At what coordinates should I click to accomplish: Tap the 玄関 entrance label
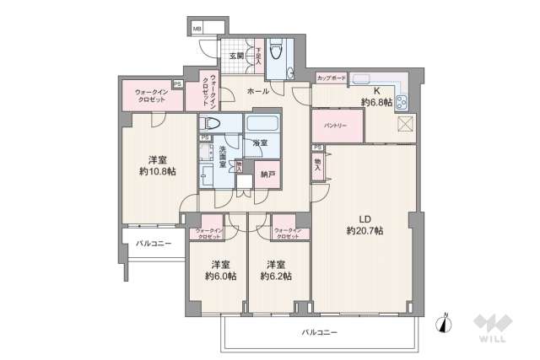click(x=236, y=58)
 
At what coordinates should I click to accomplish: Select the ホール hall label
click(x=258, y=90)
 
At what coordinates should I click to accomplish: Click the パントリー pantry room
click(x=338, y=125)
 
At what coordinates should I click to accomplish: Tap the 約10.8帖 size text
click(x=157, y=171)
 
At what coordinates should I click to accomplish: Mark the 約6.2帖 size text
click(x=275, y=276)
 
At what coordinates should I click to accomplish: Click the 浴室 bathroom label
click(x=261, y=144)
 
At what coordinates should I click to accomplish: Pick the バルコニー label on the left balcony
click(x=154, y=244)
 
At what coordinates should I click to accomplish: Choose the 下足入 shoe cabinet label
click(x=259, y=57)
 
